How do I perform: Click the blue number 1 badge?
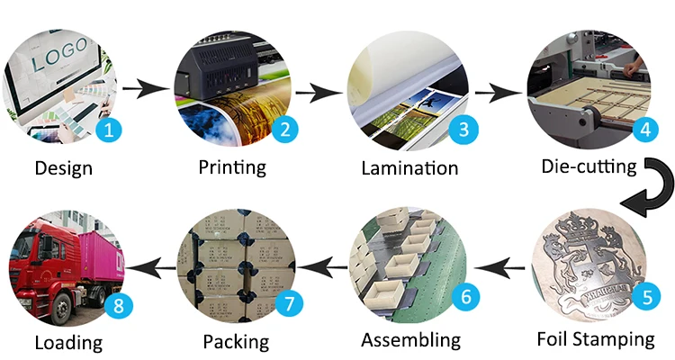(109, 130)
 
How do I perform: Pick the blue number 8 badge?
(117, 305)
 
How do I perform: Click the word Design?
(63, 167)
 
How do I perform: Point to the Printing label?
(232, 166)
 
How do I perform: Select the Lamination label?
(409, 168)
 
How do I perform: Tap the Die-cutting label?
(589, 166)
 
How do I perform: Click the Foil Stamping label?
(595, 339)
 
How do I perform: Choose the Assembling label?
(410, 340)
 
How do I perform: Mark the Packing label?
(236, 342)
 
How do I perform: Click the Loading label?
(68, 342)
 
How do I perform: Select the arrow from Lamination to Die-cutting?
(498, 92)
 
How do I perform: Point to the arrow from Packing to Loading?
(149, 265)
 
